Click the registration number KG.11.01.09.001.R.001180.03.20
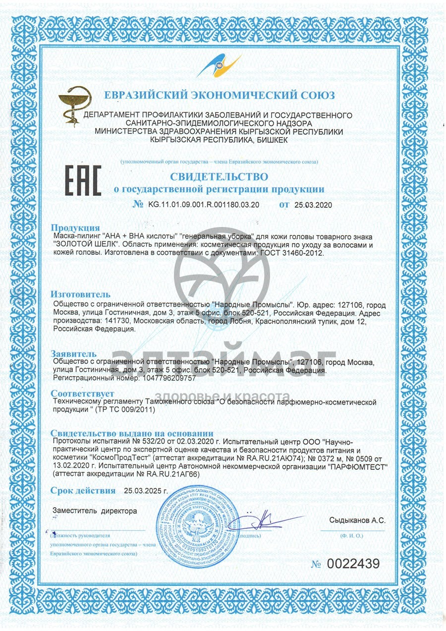[203, 204]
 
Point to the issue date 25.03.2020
[313, 204]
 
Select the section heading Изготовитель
[81, 294]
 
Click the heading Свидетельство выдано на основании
[132, 433]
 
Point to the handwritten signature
[263, 521]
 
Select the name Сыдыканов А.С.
[357, 520]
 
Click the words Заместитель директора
[94, 510]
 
